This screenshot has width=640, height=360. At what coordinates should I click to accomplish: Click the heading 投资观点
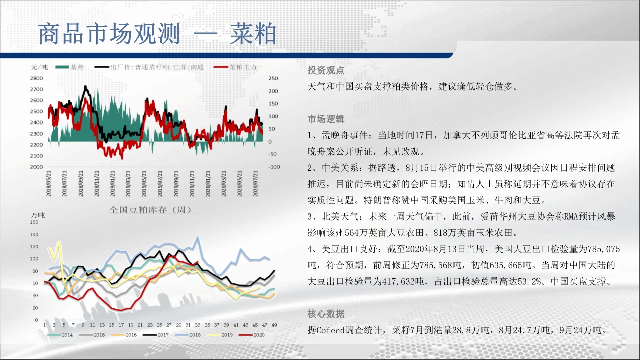[x=326, y=70]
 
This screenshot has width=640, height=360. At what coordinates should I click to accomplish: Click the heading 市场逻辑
[x=326, y=119]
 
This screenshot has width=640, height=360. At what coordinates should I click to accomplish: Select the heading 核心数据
[x=326, y=314]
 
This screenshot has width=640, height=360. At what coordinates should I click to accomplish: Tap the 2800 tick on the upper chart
[x=36, y=78]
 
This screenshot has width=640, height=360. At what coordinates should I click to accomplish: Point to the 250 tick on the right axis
[x=273, y=78]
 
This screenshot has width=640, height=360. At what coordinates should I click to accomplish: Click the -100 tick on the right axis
[x=274, y=167]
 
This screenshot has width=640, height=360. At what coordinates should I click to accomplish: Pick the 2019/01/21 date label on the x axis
[x=113, y=184]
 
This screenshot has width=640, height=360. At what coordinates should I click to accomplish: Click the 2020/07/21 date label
[x=255, y=184]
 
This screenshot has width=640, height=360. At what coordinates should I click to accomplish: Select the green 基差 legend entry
[x=69, y=67]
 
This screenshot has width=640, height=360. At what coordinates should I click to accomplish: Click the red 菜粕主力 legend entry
[x=235, y=67]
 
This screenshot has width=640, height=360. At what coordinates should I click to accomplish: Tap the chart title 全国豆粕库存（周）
[x=152, y=210]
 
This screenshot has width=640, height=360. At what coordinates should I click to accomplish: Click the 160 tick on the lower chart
[x=34, y=222]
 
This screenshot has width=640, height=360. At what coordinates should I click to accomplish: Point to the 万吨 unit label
[x=38, y=215]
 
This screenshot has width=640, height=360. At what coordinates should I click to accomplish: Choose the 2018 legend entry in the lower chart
[x=188, y=335]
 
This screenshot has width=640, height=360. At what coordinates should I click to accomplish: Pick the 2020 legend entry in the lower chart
[x=252, y=335]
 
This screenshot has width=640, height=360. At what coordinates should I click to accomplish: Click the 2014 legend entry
[x=60, y=335]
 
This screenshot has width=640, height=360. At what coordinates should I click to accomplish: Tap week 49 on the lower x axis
[x=274, y=325]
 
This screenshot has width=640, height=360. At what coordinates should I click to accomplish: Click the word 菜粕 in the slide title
[x=253, y=34]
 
